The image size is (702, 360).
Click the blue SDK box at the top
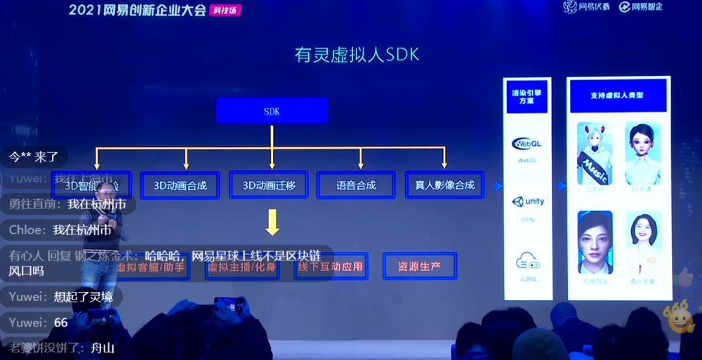272,111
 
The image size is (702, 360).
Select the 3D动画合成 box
180,185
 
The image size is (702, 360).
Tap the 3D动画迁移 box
269,185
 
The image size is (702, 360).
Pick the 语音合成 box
356,185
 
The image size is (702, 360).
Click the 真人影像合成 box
445,185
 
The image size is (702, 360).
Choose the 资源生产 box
419,267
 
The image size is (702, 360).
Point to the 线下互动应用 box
331,267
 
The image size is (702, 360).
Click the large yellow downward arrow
272,224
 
